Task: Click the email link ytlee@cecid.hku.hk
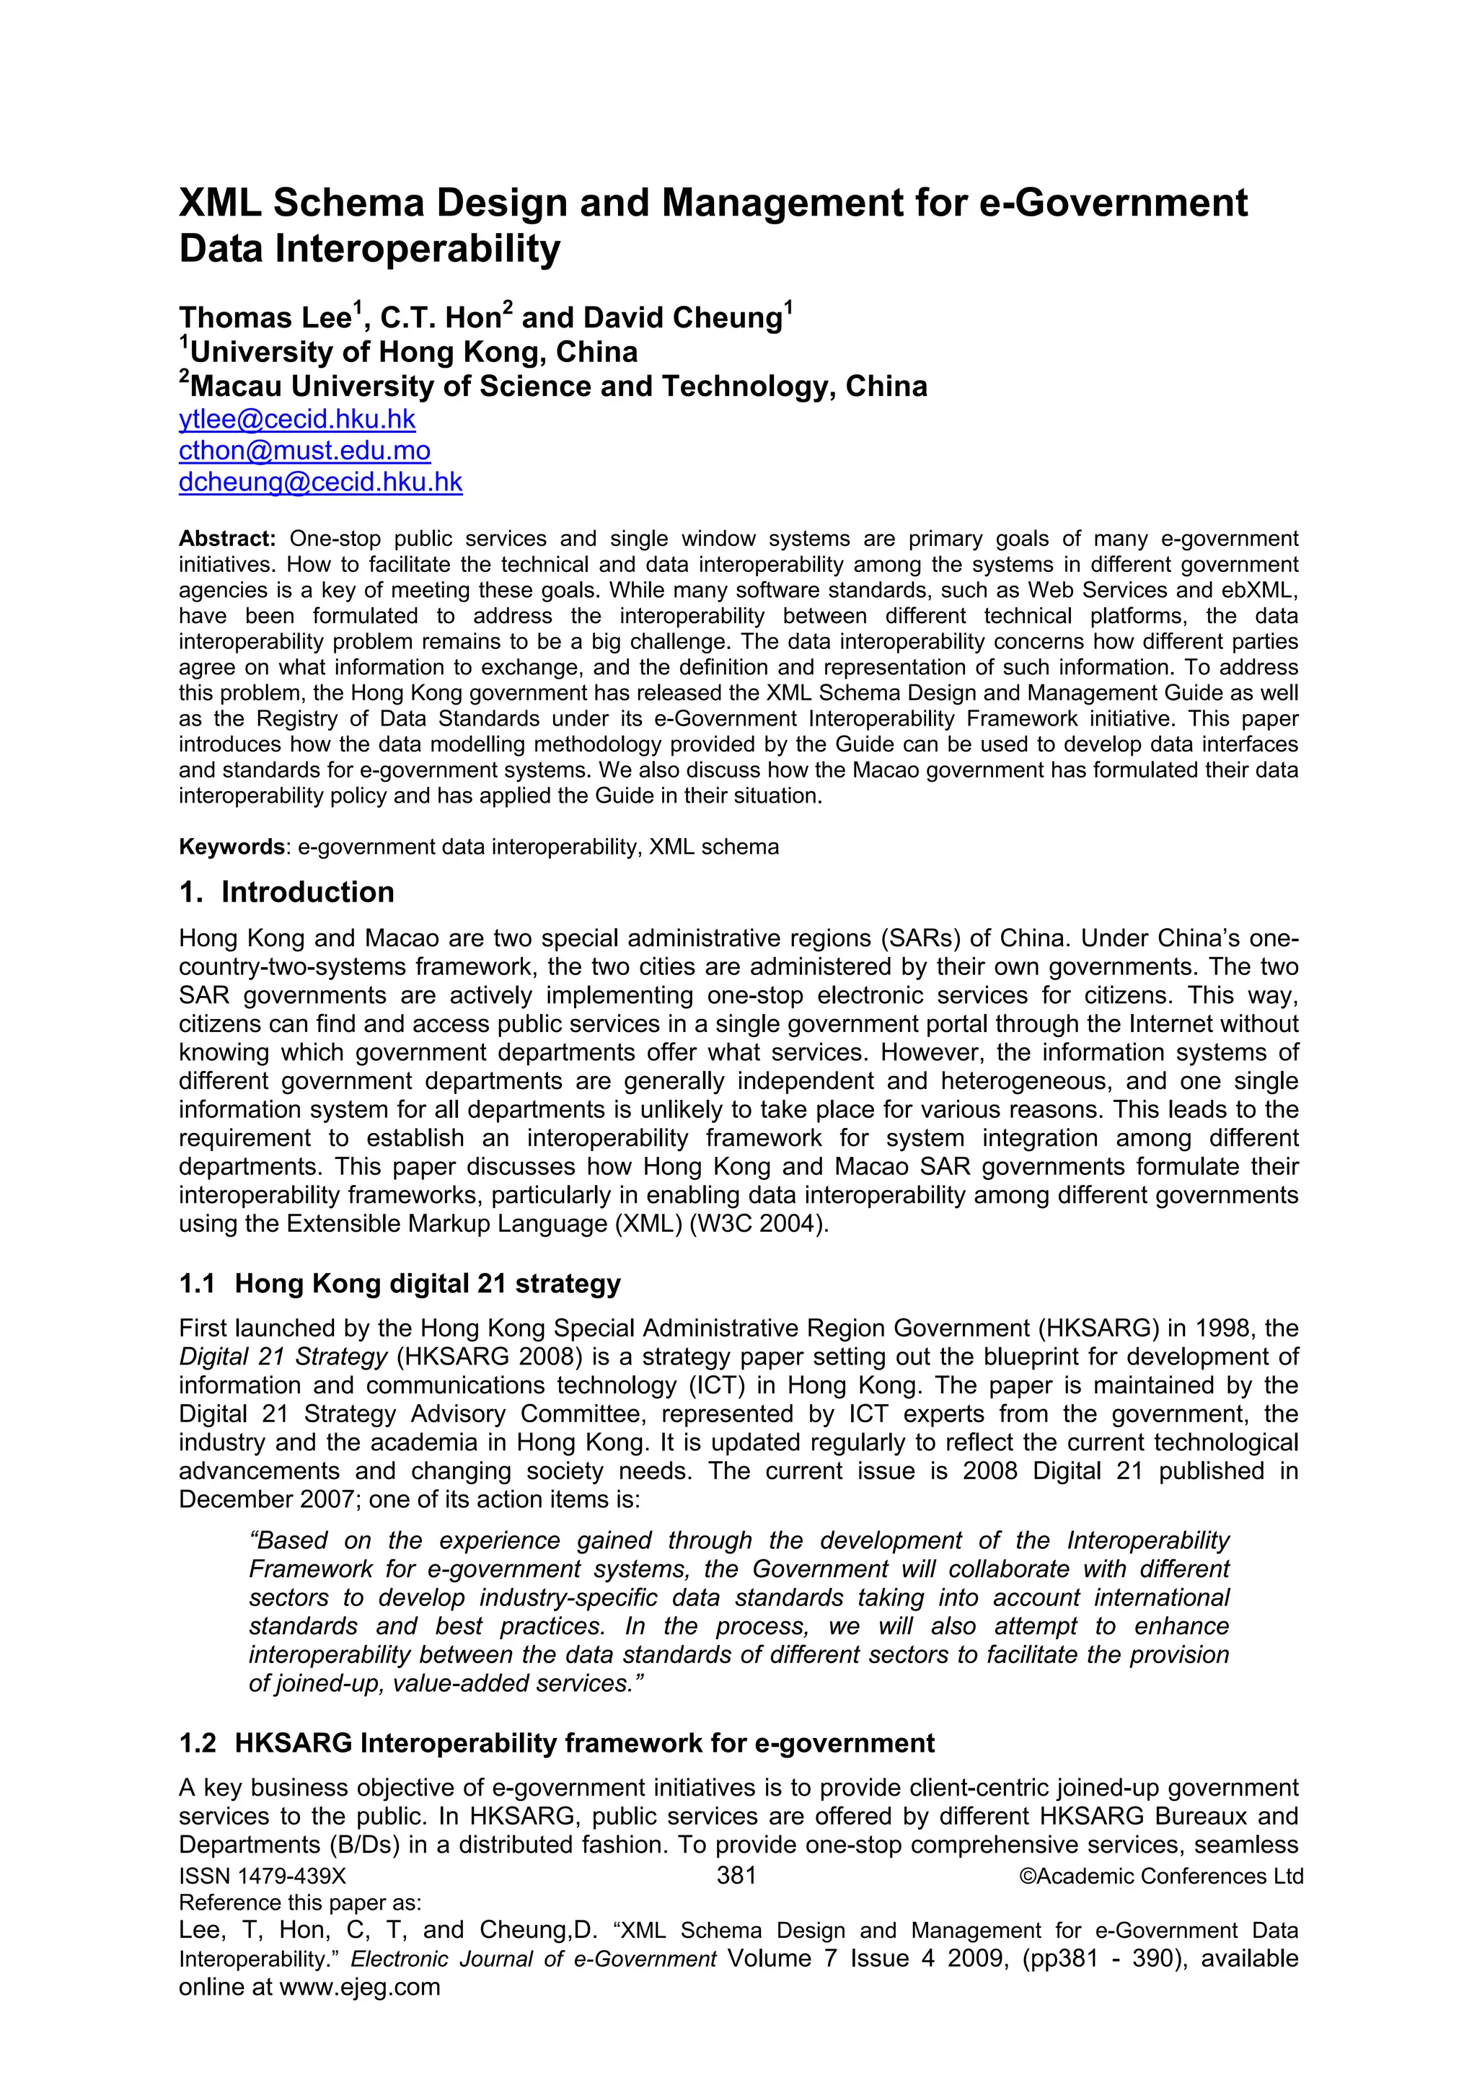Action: pos(296,420)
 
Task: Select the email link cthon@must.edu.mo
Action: pos(304,451)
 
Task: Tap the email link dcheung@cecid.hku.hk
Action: pos(320,482)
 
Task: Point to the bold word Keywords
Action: pos(232,847)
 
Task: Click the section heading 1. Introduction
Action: pos(286,892)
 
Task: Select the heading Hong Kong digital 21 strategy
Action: pos(427,1284)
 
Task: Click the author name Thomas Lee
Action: pos(265,318)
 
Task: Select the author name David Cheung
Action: pos(682,318)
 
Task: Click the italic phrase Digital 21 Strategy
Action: pos(283,1357)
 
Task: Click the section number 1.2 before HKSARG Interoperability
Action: pos(198,1742)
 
